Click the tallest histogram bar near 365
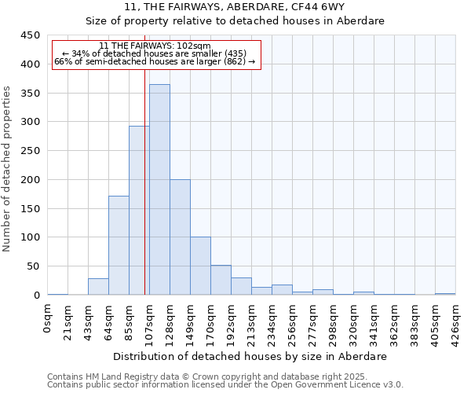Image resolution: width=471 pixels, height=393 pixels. [159, 189]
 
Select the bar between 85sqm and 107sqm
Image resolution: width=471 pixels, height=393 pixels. [139, 211]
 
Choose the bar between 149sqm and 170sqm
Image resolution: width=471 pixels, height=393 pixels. [200, 266]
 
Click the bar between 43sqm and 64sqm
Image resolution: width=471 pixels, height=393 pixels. [98, 287]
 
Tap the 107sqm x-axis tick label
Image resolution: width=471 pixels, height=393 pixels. [149, 320]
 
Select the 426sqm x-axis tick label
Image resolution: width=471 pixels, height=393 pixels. [455, 320]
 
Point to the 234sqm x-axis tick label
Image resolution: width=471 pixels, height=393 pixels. [272, 320]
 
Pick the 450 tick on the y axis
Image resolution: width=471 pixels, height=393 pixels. [31, 35]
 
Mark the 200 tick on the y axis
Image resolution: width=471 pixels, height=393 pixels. [31, 180]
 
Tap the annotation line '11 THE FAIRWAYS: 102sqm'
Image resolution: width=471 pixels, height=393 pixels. [155, 46]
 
